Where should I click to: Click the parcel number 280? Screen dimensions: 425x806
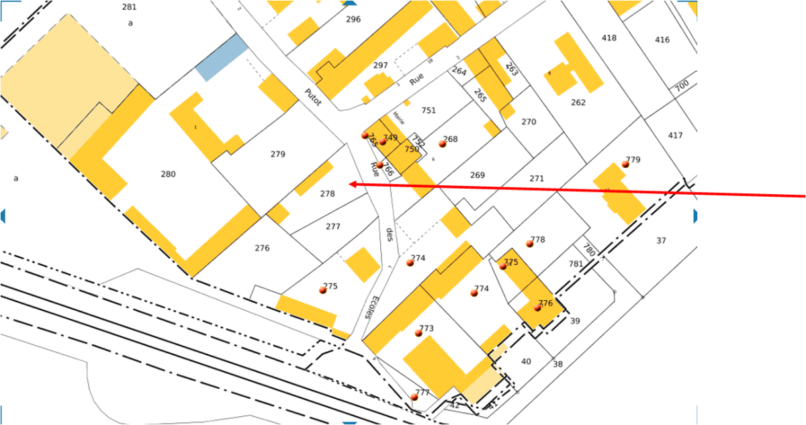point(168,175)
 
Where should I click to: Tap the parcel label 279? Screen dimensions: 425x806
point(277,154)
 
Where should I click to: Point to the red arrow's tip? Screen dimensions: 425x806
point(351,183)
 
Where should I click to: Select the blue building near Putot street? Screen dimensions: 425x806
point(222,58)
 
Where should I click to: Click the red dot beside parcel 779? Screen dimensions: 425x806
point(625,164)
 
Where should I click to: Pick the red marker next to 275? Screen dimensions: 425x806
point(322,290)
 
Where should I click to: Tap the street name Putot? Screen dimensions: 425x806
point(313,97)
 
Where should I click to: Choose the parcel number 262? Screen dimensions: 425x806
point(578,103)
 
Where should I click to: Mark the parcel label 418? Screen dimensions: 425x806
point(609,38)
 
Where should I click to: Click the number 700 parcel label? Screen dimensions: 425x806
point(681,86)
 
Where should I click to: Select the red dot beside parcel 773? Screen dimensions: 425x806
point(418,333)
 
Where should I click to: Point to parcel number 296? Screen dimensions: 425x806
point(353,19)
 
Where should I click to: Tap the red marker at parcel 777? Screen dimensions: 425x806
point(414,397)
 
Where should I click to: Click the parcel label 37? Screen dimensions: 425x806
point(661,240)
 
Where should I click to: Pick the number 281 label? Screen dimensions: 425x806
point(130,7)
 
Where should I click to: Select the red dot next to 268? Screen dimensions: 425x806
point(442,144)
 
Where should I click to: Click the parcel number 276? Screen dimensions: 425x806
point(262,248)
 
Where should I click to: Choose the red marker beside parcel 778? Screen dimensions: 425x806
point(529,244)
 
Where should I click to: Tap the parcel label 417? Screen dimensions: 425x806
point(675,136)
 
